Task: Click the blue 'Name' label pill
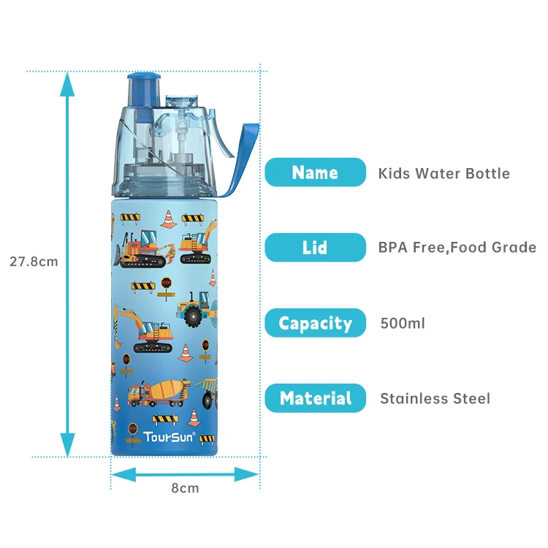[315, 172]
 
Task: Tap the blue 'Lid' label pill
[315, 248]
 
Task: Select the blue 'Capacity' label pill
[315, 323]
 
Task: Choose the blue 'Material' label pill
[315, 398]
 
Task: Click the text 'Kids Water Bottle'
[444, 173]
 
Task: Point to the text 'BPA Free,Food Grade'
[457, 248]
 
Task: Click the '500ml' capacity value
[403, 323]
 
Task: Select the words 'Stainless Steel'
[435, 398]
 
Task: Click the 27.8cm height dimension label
[34, 261]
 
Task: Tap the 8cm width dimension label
[185, 488]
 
